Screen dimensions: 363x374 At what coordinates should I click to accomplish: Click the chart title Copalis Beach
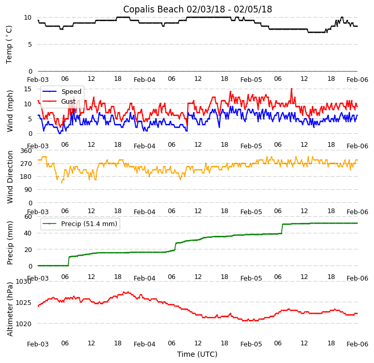197,9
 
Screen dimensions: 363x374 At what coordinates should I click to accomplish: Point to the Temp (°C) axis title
9,44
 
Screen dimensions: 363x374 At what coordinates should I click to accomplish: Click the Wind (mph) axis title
10,110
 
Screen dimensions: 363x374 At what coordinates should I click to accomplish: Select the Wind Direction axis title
10,176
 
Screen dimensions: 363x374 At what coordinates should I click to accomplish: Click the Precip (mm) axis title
10,242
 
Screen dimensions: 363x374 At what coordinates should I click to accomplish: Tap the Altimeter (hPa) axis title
10,309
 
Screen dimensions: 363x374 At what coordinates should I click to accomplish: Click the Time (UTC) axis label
197,354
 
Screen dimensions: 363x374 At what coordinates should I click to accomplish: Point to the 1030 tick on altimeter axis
23,282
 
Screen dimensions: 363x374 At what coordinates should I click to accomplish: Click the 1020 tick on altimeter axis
23,324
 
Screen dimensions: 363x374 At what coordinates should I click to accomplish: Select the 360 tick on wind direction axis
26,151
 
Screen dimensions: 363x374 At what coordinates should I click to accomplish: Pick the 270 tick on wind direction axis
26,164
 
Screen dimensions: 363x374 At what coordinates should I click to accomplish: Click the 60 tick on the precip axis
28,216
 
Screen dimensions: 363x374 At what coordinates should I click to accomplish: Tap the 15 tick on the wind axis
28,89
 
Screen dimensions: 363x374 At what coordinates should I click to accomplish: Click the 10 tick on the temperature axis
28,18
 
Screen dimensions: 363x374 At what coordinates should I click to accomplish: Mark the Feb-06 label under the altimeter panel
357,344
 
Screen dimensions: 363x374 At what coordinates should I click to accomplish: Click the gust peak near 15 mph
291,89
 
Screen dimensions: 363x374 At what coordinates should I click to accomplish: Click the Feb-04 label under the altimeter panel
145,344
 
